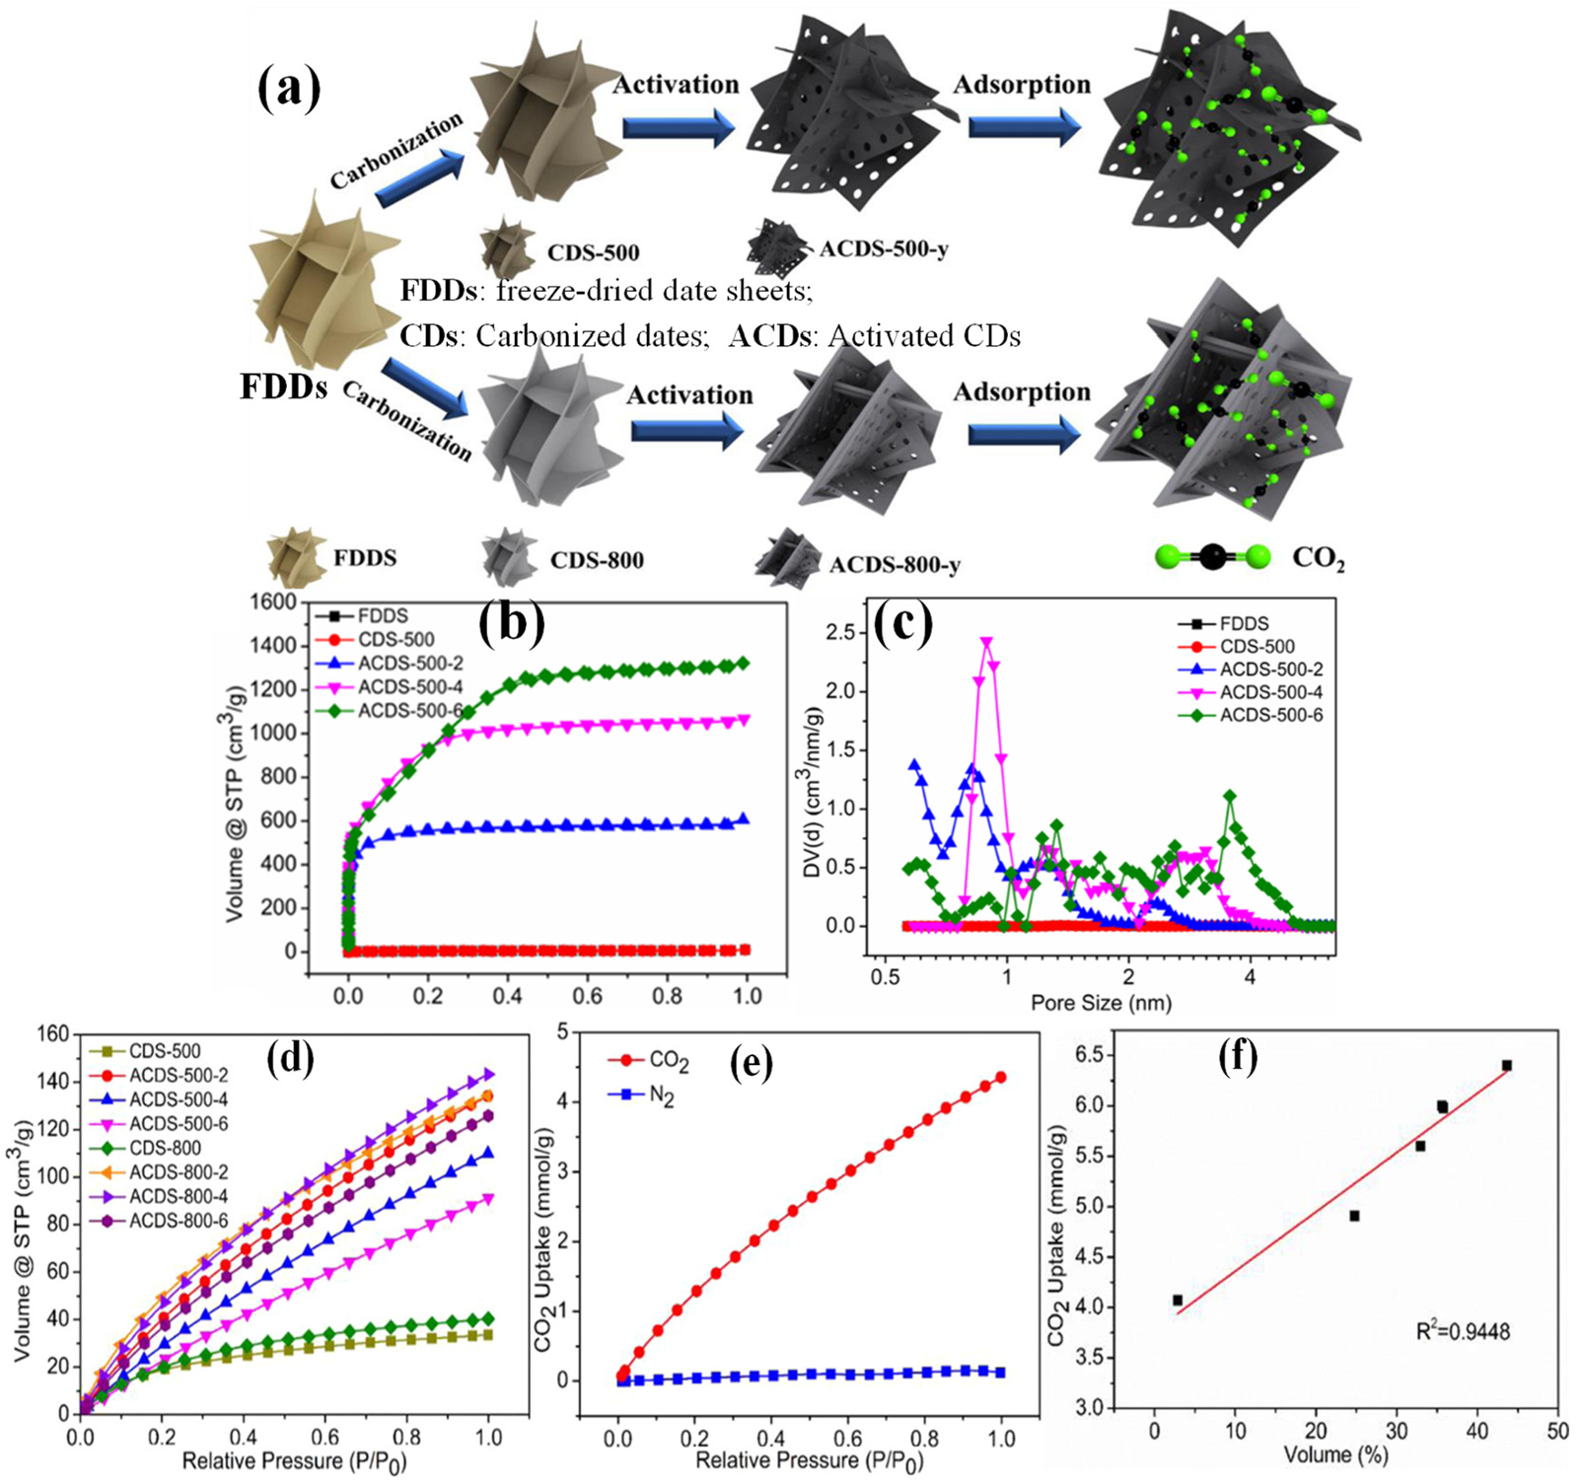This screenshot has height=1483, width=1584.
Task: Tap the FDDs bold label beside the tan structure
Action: click(x=283, y=387)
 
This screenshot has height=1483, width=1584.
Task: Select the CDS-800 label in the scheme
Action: click(x=597, y=561)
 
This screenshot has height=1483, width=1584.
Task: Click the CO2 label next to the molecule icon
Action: click(x=1318, y=559)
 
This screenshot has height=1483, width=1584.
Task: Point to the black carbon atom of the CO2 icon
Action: click(x=1212, y=558)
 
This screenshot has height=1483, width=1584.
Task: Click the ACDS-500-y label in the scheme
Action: click(x=884, y=248)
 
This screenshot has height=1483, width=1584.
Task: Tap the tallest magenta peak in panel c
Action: click(x=985, y=643)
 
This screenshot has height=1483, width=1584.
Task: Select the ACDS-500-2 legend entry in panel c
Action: click(x=1270, y=670)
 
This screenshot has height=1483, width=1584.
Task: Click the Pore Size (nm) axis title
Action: click(x=1101, y=1003)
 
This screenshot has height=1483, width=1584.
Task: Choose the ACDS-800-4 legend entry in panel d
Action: click(x=179, y=1196)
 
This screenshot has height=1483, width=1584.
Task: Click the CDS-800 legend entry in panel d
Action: click(x=165, y=1148)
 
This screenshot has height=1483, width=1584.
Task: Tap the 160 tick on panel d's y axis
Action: click(x=54, y=1034)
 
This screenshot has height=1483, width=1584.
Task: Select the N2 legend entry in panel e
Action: click(x=661, y=1095)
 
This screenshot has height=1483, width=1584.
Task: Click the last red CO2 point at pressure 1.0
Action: click(x=1000, y=1078)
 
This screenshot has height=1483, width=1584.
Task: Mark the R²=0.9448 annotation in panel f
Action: click(x=1463, y=1331)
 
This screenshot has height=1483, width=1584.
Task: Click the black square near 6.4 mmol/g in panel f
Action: click(x=1506, y=1066)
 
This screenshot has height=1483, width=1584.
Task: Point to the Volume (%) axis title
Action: click(x=1335, y=1454)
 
